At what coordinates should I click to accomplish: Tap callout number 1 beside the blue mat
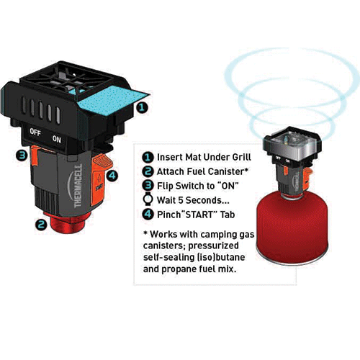tap(143, 107)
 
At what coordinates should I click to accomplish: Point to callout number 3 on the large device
tap(23, 155)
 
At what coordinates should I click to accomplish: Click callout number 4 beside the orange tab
tap(112, 174)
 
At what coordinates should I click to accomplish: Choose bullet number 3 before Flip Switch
tap(147, 184)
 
